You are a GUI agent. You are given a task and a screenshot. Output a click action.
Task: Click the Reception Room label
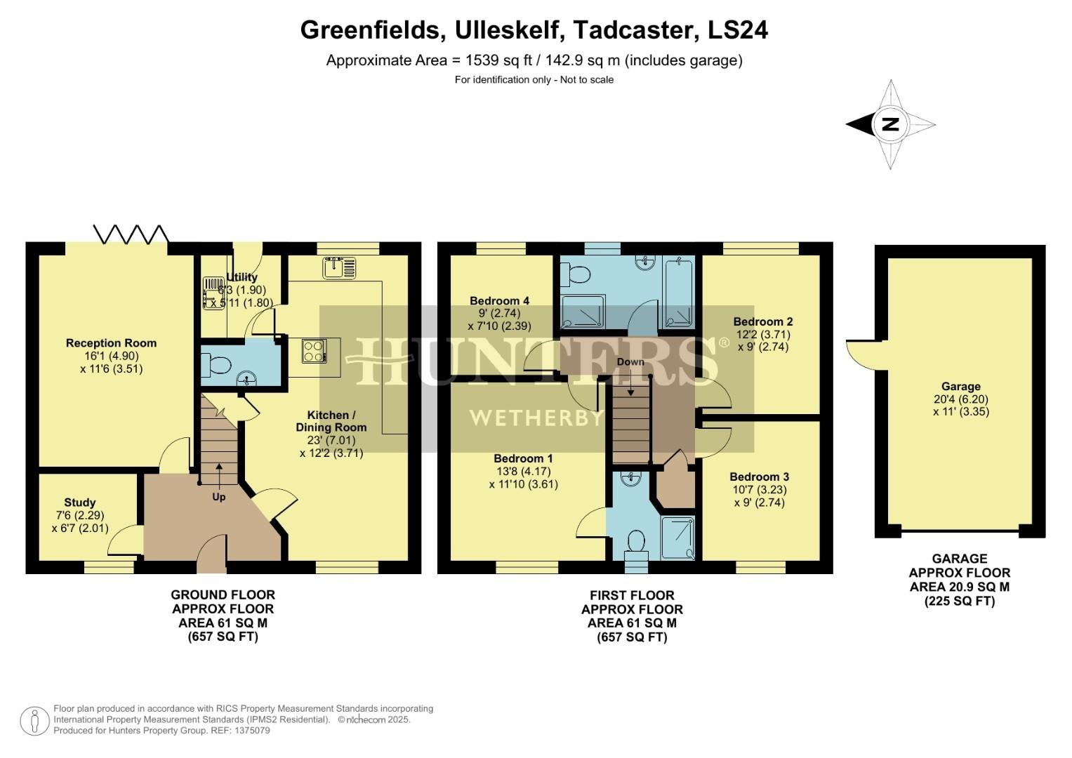pyautogui.click(x=111, y=343)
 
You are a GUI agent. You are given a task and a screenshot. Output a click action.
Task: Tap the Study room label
pyautogui.click(x=80, y=503)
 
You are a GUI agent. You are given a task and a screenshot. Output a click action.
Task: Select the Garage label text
pyautogui.click(x=960, y=387)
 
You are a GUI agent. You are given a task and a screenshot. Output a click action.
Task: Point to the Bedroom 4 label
pyautogui.click(x=499, y=301)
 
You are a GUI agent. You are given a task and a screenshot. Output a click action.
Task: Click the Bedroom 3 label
pyautogui.click(x=759, y=477)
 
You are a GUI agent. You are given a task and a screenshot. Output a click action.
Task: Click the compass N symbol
pyautogui.click(x=890, y=125)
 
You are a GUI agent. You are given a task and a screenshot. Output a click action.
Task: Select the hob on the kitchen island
pyautogui.click(x=313, y=351)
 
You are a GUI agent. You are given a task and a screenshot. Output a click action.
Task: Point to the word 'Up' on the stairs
pyautogui.click(x=219, y=497)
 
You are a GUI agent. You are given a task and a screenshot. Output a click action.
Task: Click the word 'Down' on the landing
pyautogui.click(x=630, y=362)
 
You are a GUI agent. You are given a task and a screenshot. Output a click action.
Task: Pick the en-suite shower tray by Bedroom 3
pyautogui.click(x=678, y=538)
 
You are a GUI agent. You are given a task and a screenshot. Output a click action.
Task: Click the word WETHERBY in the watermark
pyautogui.click(x=536, y=418)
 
